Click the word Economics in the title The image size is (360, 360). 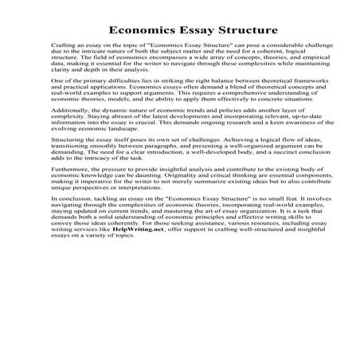pos(140,31)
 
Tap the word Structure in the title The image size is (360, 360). pos(245,31)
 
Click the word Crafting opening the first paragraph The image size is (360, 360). pos(65,49)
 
